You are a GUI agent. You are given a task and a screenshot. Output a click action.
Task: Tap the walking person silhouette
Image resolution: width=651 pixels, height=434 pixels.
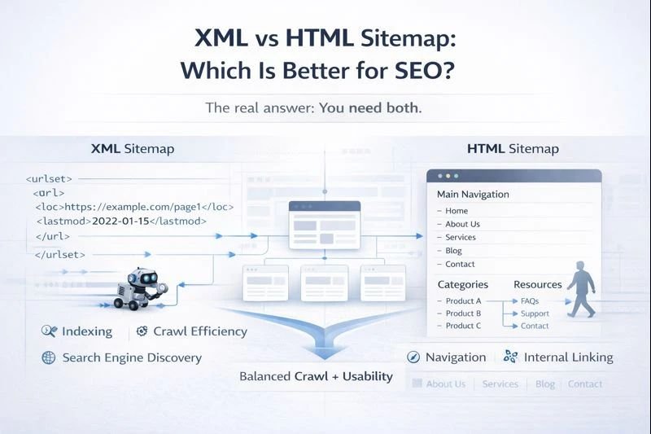coord(580,289)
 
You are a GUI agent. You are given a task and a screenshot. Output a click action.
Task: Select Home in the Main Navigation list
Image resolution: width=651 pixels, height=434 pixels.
coord(457,211)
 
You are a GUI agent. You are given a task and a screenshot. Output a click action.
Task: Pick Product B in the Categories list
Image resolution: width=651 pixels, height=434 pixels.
coord(463,313)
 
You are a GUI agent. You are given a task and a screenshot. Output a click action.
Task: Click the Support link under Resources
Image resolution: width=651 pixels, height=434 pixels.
coord(535,313)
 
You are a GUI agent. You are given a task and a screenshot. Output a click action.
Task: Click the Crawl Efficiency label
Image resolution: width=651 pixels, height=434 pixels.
coord(199,331)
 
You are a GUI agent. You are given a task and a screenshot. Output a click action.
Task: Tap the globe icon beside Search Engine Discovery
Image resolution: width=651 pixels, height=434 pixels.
coord(48,357)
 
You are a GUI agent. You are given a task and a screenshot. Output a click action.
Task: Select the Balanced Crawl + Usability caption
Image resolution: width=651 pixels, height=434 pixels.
coord(316,377)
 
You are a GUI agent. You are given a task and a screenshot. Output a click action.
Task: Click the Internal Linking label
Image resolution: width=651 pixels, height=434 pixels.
coord(568,357)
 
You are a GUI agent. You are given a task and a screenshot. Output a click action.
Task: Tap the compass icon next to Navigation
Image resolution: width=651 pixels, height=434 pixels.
coord(413,357)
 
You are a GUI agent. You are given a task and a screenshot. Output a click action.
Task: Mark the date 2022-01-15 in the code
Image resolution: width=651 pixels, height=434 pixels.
coord(121,221)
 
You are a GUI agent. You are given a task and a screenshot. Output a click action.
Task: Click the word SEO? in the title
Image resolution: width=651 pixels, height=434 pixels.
coord(425,69)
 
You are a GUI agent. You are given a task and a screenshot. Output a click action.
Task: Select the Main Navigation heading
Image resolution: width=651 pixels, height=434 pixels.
coord(473,195)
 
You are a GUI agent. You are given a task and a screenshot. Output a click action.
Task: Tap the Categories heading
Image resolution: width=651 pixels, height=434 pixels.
coord(462,284)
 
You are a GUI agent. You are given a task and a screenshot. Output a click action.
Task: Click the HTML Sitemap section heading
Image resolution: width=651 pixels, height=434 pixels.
coord(513,149)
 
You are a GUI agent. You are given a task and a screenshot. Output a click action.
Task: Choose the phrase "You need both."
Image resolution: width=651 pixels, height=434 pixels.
coord(370,107)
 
